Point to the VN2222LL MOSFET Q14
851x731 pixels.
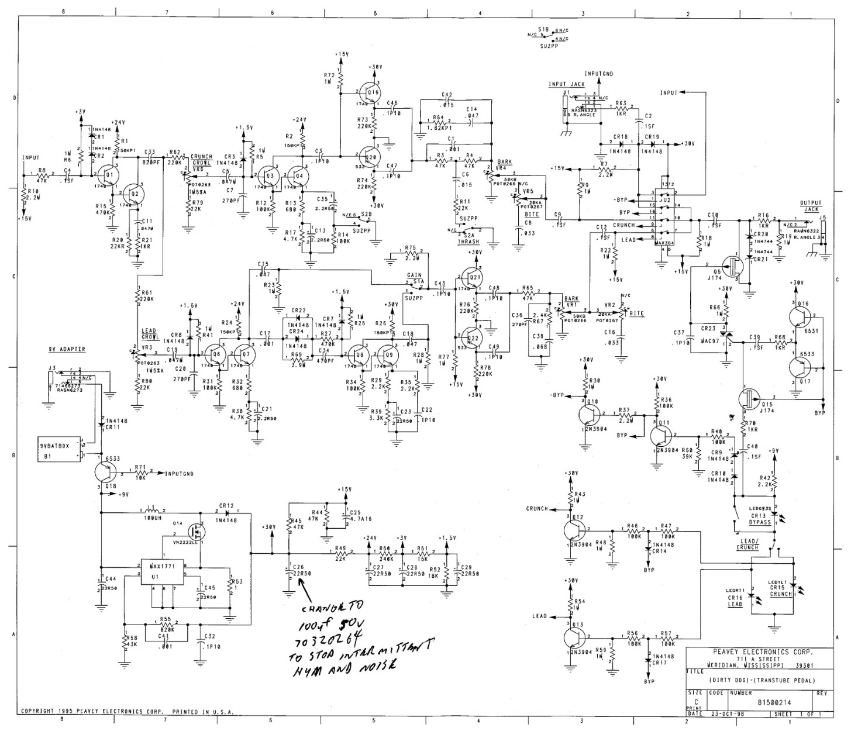click(194, 531)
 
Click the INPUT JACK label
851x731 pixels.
click(566, 84)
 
